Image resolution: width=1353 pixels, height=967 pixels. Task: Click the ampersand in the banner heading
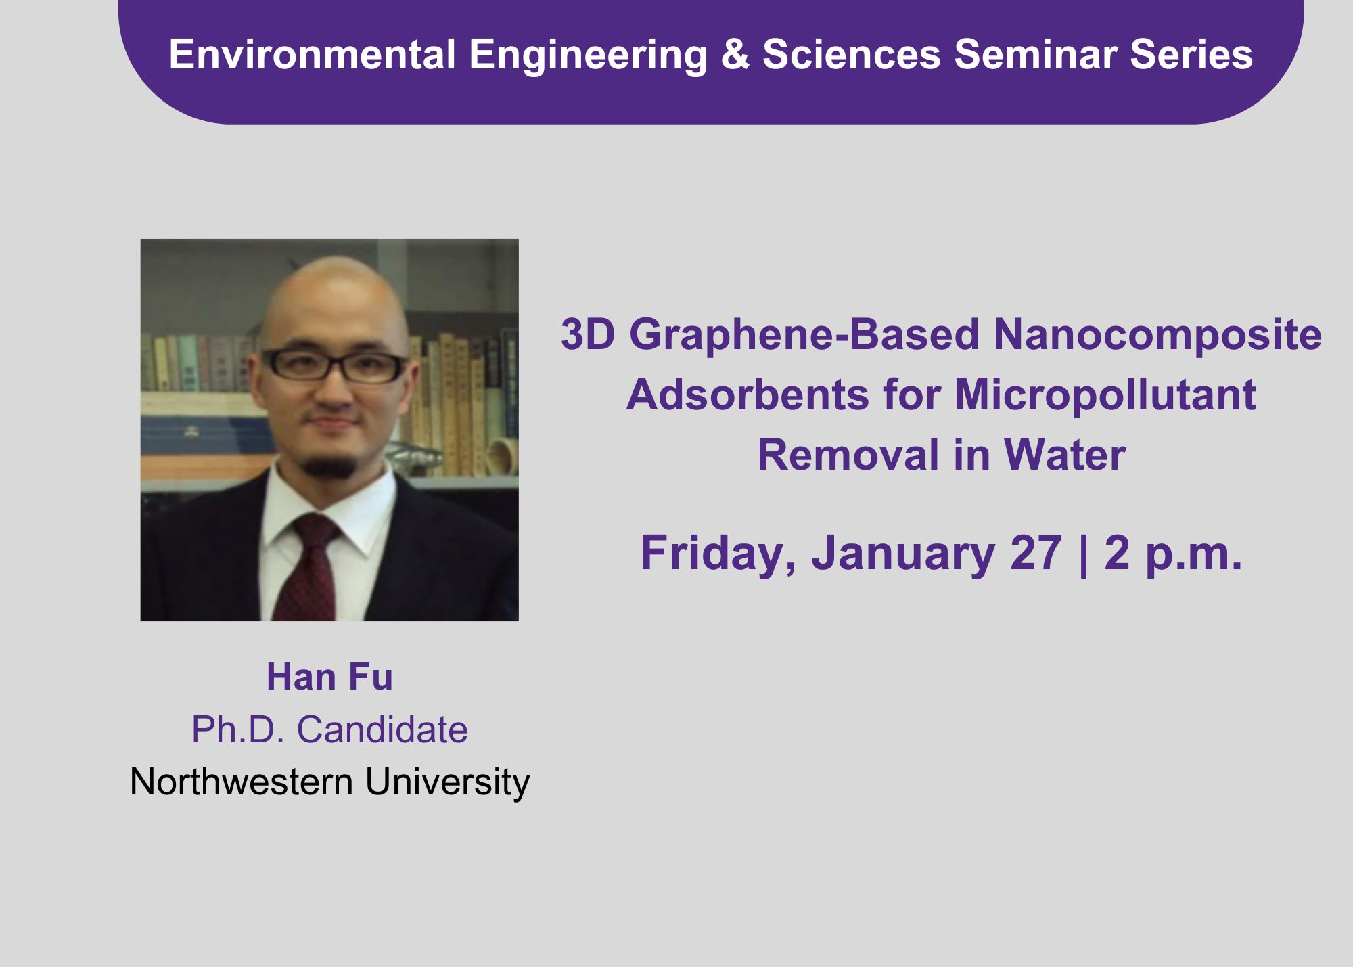coord(735,54)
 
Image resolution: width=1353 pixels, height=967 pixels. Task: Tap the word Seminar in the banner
coord(1035,54)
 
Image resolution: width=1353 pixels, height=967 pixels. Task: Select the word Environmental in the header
coord(313,54)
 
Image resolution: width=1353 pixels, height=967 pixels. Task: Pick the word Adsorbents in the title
coord(748,395)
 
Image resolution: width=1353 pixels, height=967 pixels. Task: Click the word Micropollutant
coord(1105,396)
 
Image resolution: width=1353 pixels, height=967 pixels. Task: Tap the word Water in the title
coord(1065,455)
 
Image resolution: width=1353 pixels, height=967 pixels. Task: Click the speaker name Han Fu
coord(329,677)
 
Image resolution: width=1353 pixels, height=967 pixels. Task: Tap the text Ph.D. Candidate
coord(329,729)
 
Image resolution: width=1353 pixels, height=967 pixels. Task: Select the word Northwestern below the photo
coord(242,782)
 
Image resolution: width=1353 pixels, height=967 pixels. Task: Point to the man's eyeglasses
coord(334,365)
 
